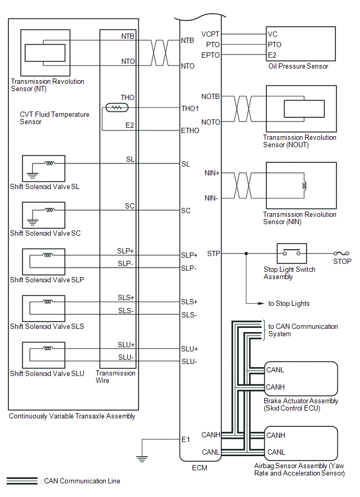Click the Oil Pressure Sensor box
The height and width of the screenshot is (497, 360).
(301, 44)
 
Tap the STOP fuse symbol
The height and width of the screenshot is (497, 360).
(344, 253)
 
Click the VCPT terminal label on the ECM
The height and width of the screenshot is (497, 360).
(210, 34)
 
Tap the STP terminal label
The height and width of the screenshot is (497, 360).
(213, 253)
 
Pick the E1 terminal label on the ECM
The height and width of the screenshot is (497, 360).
(186, 439)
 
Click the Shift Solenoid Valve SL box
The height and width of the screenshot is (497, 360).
(43, 168)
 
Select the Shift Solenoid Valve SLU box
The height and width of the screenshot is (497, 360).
(43, 355)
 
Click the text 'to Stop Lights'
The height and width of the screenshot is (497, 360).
(289, 303)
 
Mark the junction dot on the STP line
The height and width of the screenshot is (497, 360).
(246, 253)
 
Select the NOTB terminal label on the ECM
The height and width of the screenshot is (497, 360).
(210, 96)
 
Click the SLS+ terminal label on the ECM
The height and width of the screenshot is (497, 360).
(189, 302)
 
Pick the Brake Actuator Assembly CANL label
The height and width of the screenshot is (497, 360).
(275, 370)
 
